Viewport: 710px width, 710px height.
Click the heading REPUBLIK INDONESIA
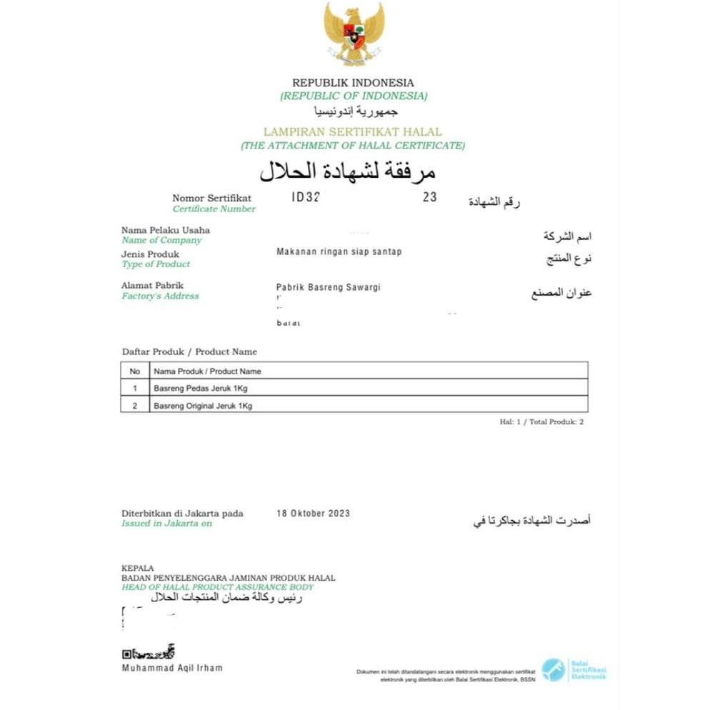click(353, 83)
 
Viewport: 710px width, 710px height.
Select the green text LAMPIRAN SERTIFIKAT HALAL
click(353, 132)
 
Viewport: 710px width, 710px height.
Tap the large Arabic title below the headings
click(347, 171)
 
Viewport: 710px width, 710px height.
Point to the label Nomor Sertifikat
click(212, 198)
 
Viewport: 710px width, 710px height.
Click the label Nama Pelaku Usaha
click(166, 230)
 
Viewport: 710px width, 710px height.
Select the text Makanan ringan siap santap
click(339, 252)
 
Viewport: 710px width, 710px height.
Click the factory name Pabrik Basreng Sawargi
click(329, 287)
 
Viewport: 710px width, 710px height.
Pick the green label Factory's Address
click(160, 296)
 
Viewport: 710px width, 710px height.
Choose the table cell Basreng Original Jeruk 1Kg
click(203, 405)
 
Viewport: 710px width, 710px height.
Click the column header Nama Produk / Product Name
click(207, 371)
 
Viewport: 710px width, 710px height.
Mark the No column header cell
click(135, 371)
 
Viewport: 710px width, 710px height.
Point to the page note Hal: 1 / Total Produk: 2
click(541, 422)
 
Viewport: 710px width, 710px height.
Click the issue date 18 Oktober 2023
click(313, 514)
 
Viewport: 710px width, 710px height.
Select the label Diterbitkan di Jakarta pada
click(182, 514)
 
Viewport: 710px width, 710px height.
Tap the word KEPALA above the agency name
click(138, 568)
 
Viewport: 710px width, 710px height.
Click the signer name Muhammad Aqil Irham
click(172, 668)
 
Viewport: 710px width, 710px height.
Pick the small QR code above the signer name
click(127, 653)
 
